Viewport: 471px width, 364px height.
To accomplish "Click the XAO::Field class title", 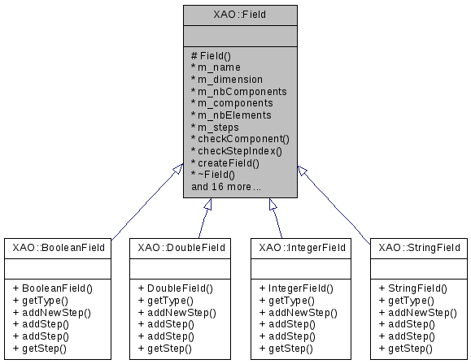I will pos(239,14).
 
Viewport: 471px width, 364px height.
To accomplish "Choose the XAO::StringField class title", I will pos(418,247).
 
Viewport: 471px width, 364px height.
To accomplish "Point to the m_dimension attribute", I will pos(230,80).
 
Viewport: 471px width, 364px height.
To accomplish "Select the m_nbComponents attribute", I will pos(237,92).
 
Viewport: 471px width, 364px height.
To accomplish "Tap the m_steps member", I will pos(218,127).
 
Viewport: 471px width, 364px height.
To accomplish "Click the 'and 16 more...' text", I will pos(226,187).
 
